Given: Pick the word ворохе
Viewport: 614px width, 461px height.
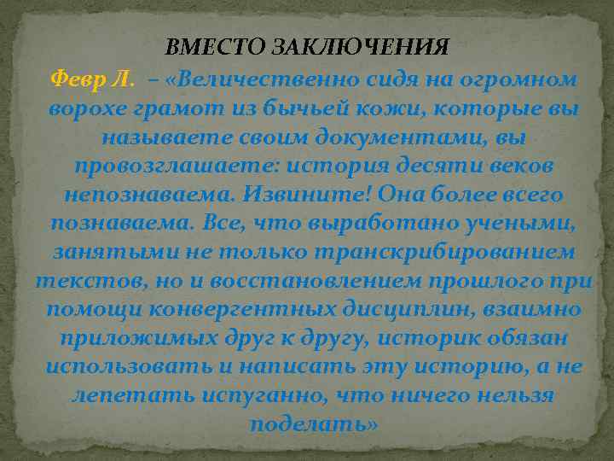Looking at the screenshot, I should pos(86,108).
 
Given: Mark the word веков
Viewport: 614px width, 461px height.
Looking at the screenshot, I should pos(504,166).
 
